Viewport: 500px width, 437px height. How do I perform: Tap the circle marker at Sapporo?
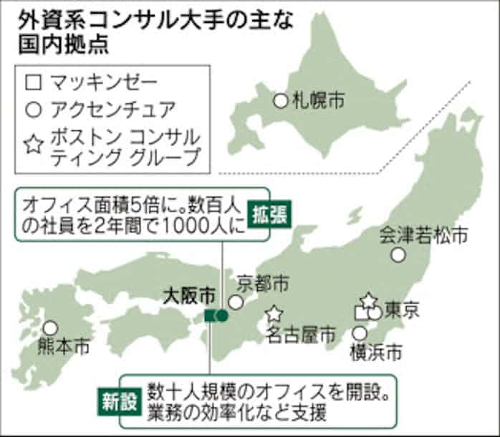click(281, 100)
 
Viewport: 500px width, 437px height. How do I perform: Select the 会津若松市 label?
click(423, 234)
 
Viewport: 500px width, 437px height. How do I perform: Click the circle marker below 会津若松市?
click(398, 254)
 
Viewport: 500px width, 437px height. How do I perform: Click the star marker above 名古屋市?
click(273, 314)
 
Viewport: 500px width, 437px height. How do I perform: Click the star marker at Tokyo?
click(368, 299)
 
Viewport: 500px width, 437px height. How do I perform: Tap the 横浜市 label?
click(375, 352)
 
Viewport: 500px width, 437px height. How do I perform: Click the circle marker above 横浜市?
click(360, 333)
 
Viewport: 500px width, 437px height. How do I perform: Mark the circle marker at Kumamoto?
click(49, 328)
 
